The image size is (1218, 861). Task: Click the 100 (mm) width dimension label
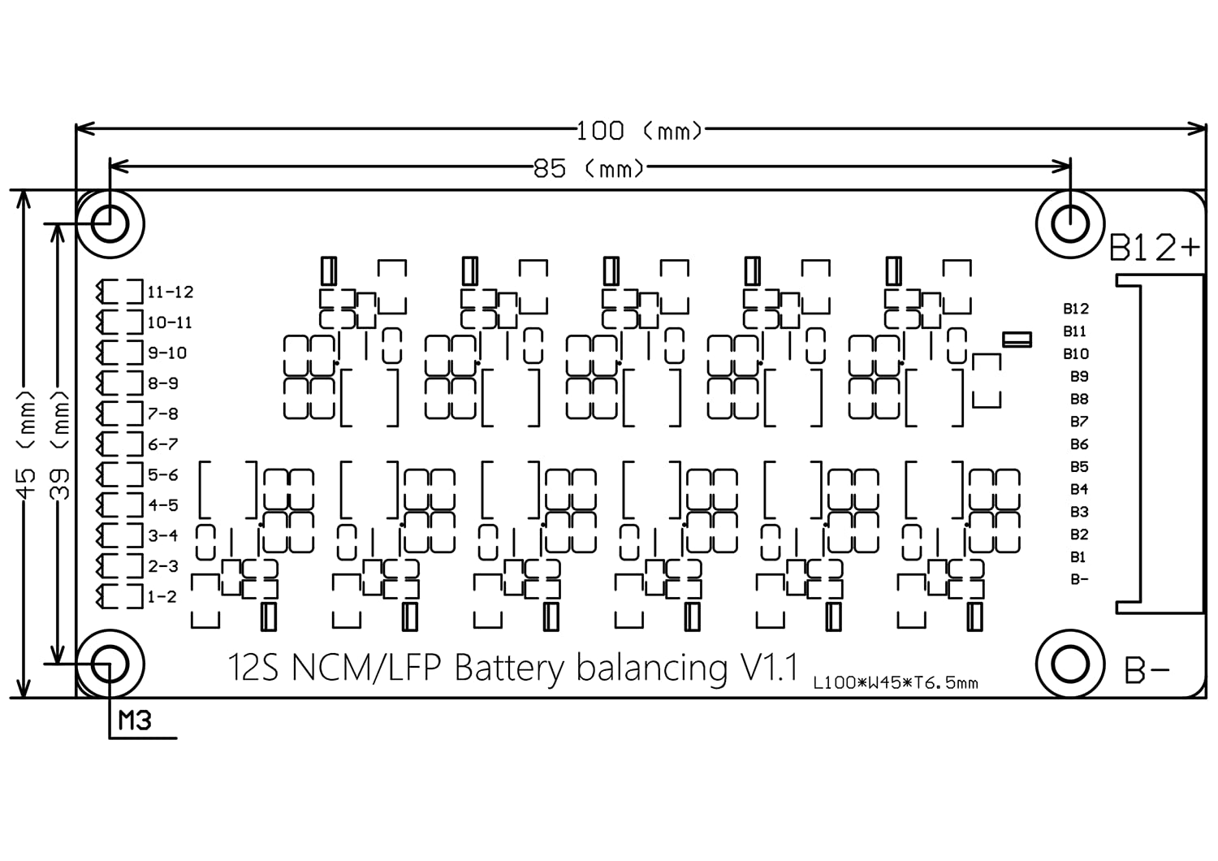pos(638,130)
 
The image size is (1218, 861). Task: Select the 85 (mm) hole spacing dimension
pos(589,169)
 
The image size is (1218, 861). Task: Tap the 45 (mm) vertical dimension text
pos(27,443)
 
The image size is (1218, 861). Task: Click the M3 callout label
pos(135,720)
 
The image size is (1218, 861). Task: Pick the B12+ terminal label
pos(1153,248)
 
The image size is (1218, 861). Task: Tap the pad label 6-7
pos(162,444)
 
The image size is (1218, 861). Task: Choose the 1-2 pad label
pos(162,597)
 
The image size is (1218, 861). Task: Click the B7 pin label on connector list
pos(1078,422)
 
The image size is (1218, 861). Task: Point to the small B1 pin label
pos(1078,557)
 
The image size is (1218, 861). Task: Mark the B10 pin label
pos(1076,354)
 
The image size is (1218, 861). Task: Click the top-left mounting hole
pos(110,223)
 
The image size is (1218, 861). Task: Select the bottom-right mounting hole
pos(1070,664)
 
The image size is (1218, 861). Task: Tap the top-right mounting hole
pos(1071,223)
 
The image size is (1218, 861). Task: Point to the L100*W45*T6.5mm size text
pos(896,683)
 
